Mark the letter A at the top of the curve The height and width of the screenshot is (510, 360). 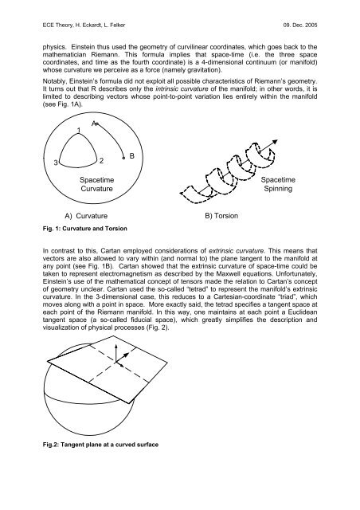tap(95, 124)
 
